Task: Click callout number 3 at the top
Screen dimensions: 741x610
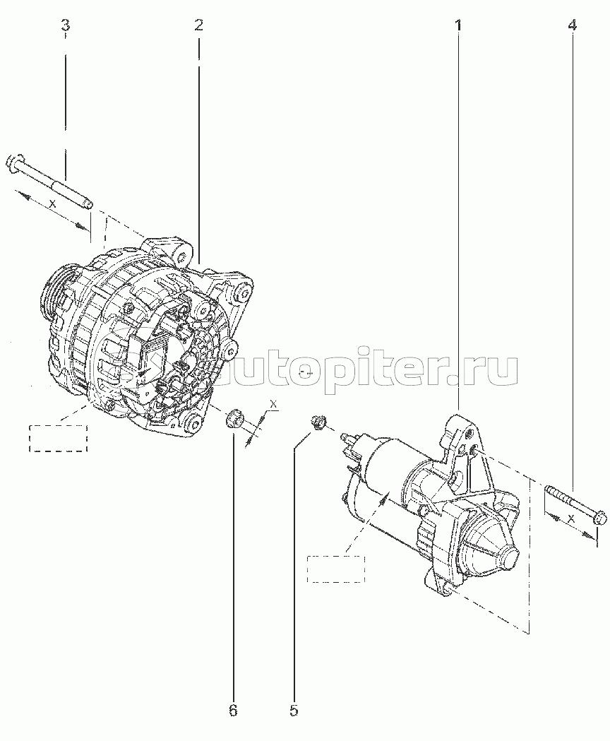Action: click(66, 26)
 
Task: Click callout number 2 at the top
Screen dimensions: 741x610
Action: click(198, 26)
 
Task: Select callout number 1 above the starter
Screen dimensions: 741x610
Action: click(458, 26)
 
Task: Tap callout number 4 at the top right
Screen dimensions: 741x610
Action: click(572, 26)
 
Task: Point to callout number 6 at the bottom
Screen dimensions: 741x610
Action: click(233, 709)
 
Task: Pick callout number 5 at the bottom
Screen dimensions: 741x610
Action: click(293, 709)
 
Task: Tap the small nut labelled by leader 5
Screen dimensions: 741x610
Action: click(318, 423)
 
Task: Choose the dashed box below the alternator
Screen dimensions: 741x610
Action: click(58, 438)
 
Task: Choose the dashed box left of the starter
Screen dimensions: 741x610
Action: click(336, 569)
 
